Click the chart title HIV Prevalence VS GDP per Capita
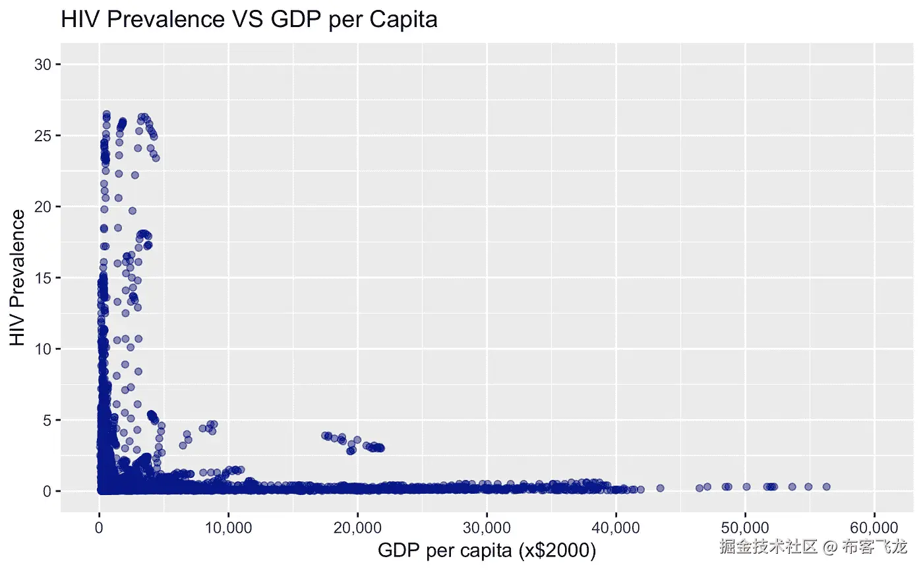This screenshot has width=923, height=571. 249,19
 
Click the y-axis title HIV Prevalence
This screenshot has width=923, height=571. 18,277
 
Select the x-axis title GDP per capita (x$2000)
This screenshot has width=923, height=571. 487,549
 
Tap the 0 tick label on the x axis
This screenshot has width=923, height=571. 99,528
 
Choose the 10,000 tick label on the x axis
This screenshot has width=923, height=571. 228,528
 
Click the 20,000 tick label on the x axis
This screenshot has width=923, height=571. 357,528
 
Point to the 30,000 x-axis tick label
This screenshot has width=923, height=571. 487,528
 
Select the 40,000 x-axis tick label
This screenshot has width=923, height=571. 616,528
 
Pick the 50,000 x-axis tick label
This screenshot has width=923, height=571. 745,528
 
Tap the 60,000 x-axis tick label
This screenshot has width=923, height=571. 874,528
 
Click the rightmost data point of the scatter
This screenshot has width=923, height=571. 826,487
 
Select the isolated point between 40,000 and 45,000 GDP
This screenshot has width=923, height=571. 660,488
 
